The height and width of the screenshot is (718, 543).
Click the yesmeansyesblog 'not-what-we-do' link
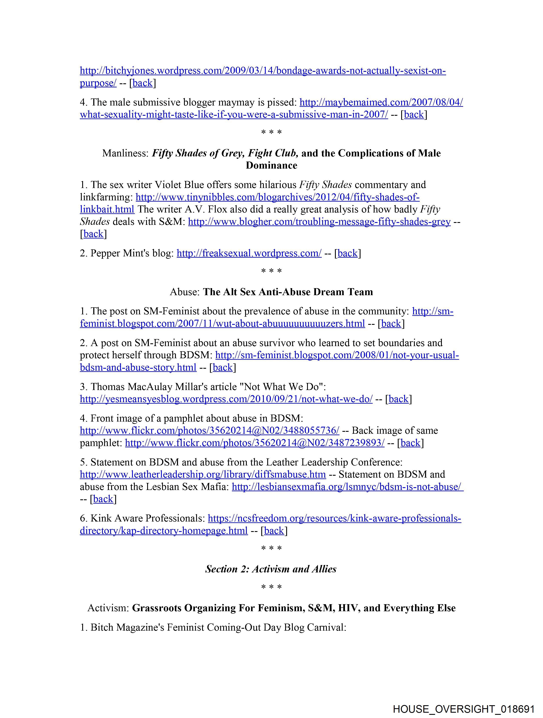226,399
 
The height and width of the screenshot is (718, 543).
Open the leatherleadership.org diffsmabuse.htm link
203,475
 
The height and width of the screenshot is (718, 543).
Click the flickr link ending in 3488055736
210,431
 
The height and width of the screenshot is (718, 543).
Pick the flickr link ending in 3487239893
255,443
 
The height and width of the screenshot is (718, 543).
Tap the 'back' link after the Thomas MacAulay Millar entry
398,399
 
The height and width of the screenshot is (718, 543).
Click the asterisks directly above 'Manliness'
271,132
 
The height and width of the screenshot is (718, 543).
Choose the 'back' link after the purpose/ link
142,83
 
